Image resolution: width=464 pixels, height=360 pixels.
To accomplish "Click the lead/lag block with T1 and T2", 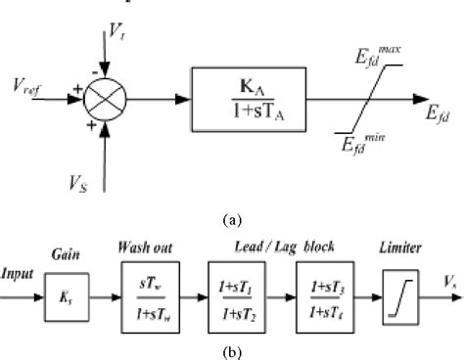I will [238, 292].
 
